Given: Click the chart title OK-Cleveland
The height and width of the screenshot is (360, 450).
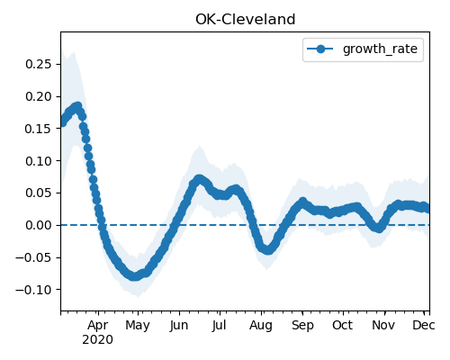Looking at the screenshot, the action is pyautogui.click(x=246, y=20).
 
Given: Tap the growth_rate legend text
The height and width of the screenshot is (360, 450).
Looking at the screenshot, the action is pyautogui.click(x=380, y=49).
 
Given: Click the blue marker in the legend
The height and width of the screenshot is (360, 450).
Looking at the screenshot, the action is pyautogui.click(x=320, y=49).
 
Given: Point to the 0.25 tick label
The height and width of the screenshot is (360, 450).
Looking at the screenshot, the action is pyautogui.click(x=39, y=64).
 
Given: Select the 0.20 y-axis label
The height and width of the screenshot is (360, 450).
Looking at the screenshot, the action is pyautogui.click(x=39, y=96).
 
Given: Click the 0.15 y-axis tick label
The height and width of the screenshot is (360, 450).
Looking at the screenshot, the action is pyautogui.click(x=39, y=129).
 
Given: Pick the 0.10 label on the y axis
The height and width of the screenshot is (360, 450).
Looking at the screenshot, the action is pyautogui.click(x=39, y=161).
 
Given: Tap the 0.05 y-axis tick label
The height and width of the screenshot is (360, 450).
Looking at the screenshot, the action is pyautogui.click(x=39, y=193).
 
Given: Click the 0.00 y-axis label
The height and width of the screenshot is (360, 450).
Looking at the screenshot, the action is pyautogui.click(x=39, y=225).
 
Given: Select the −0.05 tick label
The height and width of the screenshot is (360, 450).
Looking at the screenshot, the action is pyautogui.click(x=33, y=257).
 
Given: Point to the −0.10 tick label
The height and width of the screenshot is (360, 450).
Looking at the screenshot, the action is pyautogui.click(x=33, y=290).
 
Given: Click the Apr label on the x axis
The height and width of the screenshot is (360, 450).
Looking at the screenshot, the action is pyautogui.click(x=98, y=326).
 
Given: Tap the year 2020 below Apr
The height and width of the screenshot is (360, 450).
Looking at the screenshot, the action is pyautogui.click(x=98, y=340).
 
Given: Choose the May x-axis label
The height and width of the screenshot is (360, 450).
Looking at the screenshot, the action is pyautogui.click(x=138, y=326).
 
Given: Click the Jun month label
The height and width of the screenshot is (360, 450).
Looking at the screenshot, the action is pyautogui.click(x=179, y=326).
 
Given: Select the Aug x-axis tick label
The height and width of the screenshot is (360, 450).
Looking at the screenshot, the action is pyautogui.click(x=261, y=326).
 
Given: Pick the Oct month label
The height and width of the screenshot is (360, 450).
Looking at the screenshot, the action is pyautogui.click(x=342, y=325).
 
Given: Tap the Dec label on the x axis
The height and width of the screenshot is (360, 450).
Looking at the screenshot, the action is pyautogui.click(x=424, y=325).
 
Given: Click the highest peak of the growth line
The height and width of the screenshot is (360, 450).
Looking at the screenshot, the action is pyautogui.click(x=77, y=106).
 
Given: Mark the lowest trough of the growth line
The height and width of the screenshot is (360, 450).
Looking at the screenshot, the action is pyautogui.click(x=135, y=276).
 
